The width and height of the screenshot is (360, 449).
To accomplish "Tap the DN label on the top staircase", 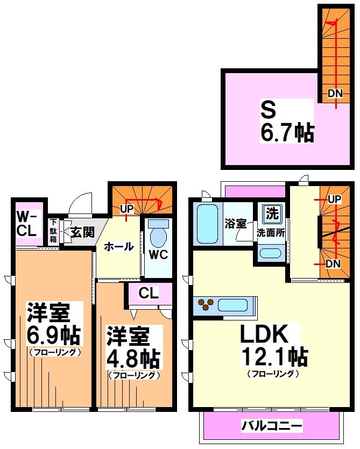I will [335, 93].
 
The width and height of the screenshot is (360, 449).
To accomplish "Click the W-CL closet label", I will [25, 224].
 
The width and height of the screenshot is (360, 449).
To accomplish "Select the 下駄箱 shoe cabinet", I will [54, 232].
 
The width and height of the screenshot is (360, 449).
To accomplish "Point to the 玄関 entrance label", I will [82, 232].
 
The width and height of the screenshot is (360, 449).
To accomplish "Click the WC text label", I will [158, 255].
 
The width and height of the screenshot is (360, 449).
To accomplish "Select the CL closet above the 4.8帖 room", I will [149, 294].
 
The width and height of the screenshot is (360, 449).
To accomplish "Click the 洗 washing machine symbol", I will [271, 213].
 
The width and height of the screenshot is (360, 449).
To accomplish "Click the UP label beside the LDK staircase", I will [335, 199].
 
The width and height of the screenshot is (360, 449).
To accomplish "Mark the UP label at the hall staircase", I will [127, 209].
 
